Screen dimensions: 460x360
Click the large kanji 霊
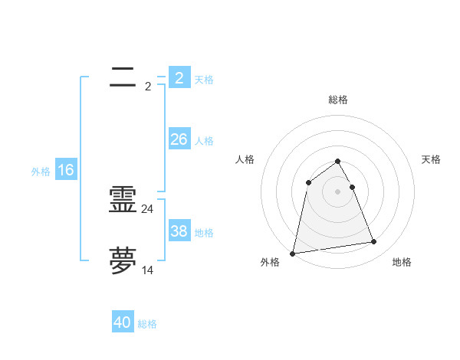coord(123,200)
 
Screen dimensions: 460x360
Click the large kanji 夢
coord(123,260)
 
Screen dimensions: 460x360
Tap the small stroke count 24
coord(148,209)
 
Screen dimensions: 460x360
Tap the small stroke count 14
coord(148,270)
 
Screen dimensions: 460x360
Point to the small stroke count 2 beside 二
coord(148,87)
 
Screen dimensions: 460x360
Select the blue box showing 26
coord(179,139)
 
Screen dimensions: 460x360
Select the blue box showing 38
coord(179,231)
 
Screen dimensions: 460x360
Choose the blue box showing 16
coord(66,170)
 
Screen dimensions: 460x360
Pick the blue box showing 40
coord(123,322)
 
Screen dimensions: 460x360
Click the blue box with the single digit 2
coord(179,78)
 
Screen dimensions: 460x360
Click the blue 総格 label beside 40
coord(147,324)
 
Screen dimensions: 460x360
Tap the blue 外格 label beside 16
coord(41,172)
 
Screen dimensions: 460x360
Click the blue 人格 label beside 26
coord(204,141)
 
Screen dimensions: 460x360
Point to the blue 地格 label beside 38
coord(204,233)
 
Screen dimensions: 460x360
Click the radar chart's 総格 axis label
coord(338,100)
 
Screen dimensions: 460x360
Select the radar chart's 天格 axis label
coord(431,159)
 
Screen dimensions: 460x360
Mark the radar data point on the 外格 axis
coord(293,253)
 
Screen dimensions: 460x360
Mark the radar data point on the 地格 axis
coord(374,242)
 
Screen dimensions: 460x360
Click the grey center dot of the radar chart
coord(338,191)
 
